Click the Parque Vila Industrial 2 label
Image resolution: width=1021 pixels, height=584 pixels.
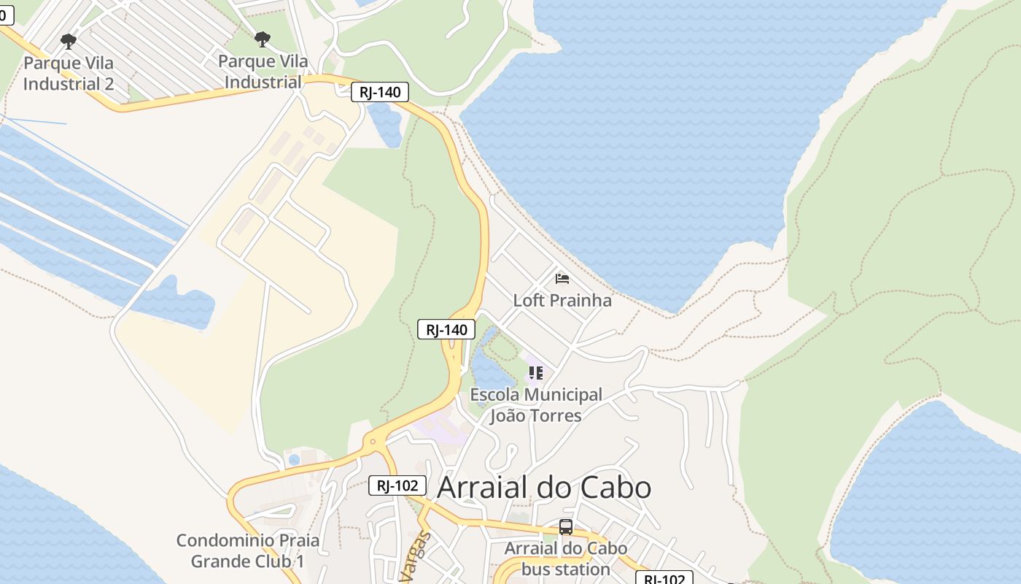pos(69,73)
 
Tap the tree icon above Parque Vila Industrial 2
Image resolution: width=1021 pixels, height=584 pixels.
pos(69,41)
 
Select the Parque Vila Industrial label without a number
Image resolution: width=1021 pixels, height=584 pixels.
pos(263,72)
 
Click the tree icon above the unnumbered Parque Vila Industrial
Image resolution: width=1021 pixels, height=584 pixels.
pos(263,39)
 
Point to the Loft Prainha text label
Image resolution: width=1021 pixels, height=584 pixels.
pos(562,300)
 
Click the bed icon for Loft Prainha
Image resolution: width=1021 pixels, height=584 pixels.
pos(562,278)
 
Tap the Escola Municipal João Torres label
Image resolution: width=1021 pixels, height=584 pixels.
pos(536,405)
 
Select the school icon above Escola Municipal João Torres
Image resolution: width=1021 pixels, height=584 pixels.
pos(536,373)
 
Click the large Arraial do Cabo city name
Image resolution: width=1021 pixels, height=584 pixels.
pos(543,487)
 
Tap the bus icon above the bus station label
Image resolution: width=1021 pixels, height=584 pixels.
pos(565,526)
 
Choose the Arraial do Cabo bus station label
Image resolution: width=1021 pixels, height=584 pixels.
pos(566,558)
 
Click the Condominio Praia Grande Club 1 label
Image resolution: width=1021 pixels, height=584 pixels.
pos(248,550)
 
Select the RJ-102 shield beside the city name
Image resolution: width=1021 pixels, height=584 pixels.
pos(397,485)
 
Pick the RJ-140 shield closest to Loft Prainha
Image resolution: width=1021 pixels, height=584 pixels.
pos(446,329)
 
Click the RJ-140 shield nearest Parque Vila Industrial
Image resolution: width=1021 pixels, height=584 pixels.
pos(379,92)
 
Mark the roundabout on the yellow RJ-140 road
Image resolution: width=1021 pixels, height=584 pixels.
pos(373,441)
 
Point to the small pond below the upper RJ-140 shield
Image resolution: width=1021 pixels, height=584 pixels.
pos(384,124)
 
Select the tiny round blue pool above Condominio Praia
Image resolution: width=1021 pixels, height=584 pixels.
pos(294,460)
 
